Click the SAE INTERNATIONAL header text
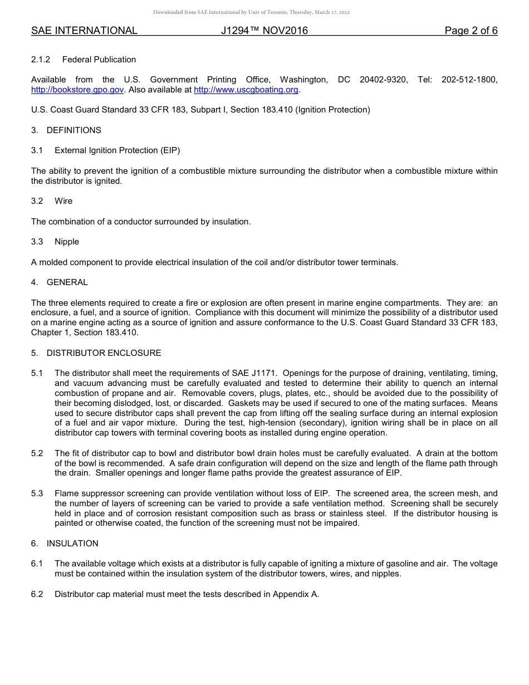tap(84, 31)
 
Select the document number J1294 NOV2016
tap(264, 31)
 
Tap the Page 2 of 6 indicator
tap(471, 31)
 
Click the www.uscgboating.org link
tap(246, 90)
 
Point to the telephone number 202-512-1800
tap(469, 80)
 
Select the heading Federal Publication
tap(99, 60)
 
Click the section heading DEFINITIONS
tap(74, 130)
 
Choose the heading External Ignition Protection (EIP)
tap(117, 150)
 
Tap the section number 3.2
tap(37, 201)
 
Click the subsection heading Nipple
tap(67, 242)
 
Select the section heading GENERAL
tap(67, 282)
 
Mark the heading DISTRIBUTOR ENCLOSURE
tap(104, 353)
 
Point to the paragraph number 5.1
tap(37, 373)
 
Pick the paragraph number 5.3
tap(37, 493)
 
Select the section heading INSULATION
tap(72, 544)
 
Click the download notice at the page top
tap(251, 12)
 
